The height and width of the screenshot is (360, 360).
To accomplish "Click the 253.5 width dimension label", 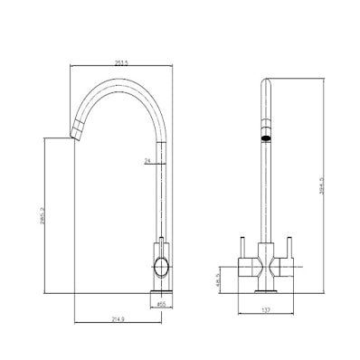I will click(x=118, y=63).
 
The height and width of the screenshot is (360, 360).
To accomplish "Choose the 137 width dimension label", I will click(x=265, y=310).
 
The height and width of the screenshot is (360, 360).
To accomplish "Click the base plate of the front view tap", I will click(x=266, y=290).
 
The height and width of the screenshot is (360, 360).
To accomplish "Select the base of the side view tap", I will click(x=159, y=292).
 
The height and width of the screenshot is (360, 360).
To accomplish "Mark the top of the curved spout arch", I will click(x=118, y=82).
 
